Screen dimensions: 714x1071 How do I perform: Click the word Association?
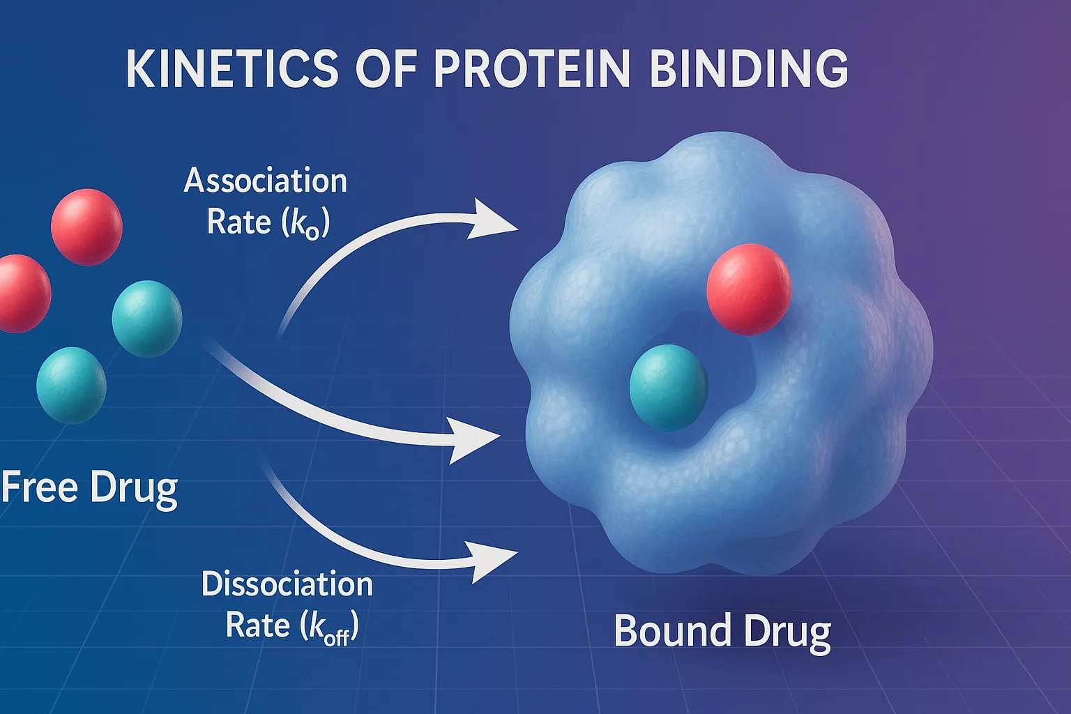(266, 181)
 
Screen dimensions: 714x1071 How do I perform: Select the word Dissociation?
(287, 584)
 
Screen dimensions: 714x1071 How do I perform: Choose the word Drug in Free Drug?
(134, 488)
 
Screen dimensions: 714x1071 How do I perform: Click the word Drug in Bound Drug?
(787, 632)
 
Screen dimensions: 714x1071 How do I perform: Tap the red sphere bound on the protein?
(749, 289)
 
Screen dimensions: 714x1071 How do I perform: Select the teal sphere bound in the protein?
(668, 388)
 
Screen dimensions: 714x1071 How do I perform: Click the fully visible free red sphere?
(86, 227)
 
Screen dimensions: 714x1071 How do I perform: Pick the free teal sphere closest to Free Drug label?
(71, 386)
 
